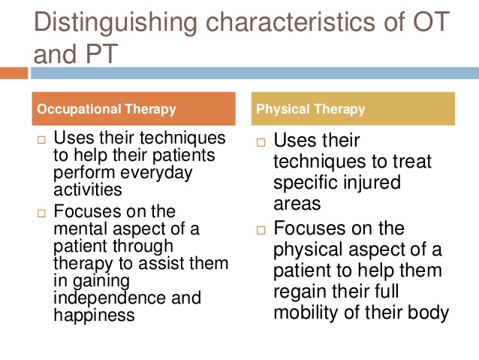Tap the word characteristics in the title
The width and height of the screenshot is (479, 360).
(x=291, y=21)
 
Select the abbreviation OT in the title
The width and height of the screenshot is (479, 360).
(x=432, y=21)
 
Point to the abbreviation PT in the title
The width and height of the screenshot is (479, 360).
(x=102, y=53)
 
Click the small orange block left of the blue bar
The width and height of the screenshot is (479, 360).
(x=14, y=73)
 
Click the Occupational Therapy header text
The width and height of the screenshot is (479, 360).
(x=107, y=109)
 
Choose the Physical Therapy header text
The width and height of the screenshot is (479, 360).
(x=311, y=109)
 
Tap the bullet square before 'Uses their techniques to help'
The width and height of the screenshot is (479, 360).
(x=41, y=140)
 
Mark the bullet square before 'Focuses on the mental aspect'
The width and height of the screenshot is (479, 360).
(x=41, y=213)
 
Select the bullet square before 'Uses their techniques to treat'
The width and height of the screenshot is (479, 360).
(x=261, y=143)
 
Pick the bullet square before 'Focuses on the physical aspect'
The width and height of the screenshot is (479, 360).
(x=261, y=230)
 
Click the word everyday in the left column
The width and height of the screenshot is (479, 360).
(x=156, y=173)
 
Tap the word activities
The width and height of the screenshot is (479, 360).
(x=88, y=189)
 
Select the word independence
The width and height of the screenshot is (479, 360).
(x=110, y=298)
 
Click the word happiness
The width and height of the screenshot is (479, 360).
(x=94, y=316)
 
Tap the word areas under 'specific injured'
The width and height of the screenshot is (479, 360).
(x=297, y=204)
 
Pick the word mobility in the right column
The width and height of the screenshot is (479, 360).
(x=306, y=313)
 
